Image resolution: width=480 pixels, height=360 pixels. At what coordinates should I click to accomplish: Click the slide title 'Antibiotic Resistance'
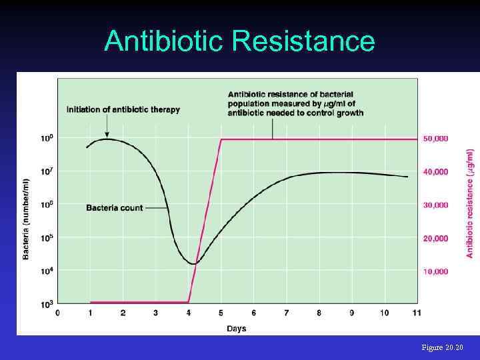(x=239, y=41)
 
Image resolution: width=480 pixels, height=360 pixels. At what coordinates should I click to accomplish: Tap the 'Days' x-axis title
(x=236, y=328)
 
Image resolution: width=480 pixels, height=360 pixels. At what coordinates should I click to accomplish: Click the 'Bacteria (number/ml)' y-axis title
(x=26, y=219)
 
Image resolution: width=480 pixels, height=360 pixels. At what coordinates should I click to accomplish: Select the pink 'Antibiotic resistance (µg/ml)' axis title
(x=470, y=203)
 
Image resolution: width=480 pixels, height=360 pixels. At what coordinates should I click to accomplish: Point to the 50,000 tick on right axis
(x=435, y=139)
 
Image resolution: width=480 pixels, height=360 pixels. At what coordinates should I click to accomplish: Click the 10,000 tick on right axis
(x=435, y=272)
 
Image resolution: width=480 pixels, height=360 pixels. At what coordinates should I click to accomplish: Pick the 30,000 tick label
(x=435, y=205)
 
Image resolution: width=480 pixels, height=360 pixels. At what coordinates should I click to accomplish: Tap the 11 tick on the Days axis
(x=417, y=312)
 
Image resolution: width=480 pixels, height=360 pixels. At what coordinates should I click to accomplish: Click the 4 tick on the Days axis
(x=188, y=312)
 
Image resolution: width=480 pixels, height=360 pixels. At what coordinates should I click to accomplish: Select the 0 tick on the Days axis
(x=57, y=312)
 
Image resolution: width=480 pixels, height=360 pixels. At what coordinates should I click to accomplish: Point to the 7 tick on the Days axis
(x=287, y=312)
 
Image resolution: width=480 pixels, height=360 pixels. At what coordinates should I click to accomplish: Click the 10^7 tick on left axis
(x=47, y=171)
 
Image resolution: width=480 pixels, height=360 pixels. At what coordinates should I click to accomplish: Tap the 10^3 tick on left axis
(x=47, y=304)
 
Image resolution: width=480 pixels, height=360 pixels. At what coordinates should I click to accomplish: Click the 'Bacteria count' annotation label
(x=114, y=208)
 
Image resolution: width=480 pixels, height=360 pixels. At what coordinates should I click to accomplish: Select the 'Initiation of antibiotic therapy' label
(x=123, y=109)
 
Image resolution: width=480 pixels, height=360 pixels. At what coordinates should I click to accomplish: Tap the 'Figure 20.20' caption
(x=442, y=348)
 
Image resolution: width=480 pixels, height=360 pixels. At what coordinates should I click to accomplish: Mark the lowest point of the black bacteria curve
(x=193, y=264)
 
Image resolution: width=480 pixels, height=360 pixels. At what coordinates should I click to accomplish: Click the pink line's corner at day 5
(x=221, y=139)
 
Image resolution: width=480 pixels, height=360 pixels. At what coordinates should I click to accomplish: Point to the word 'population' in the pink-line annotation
(x=248, y=104)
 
